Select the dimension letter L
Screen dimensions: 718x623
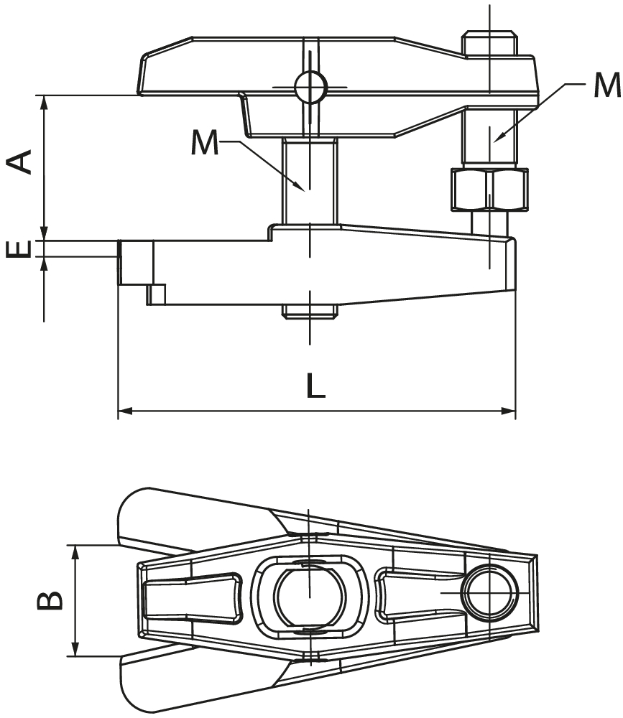pyautogui.click(x=315, y=386)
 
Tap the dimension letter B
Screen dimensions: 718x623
pyautogui.click(x=50, y=600)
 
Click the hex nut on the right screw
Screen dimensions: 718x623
pyautogui.click(x=489, y=190)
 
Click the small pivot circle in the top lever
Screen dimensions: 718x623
pyautogui.click(x=310, y=88)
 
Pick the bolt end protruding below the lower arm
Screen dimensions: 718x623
pyautogui.click(x=310, y=311)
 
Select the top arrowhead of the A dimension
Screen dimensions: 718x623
pyautogui.click(x=45, y=101)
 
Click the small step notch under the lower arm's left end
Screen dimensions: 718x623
pyautogui.click(x=157, y=294)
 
